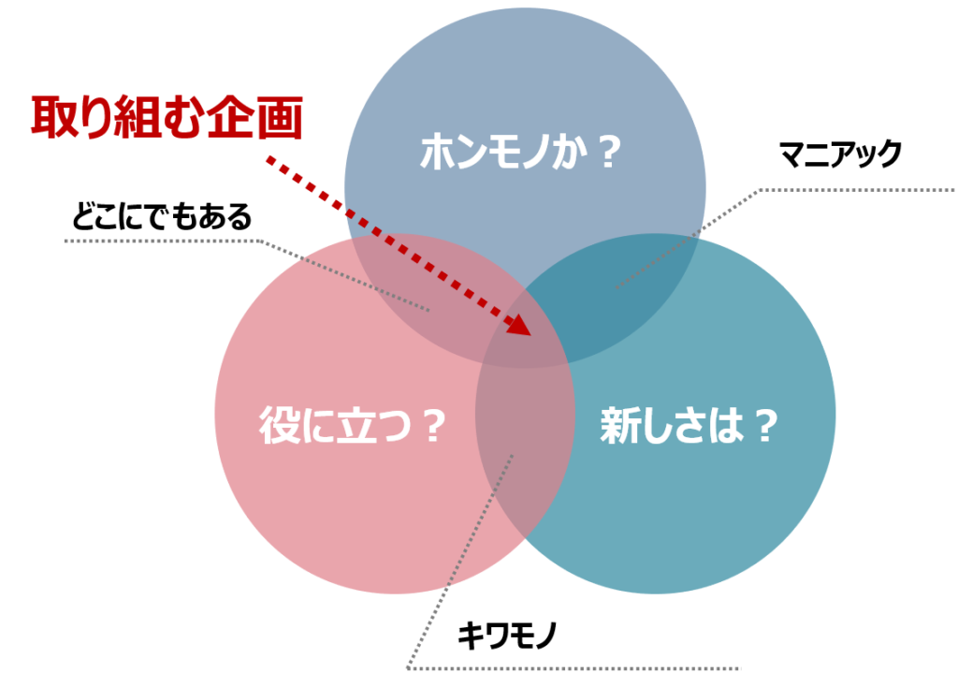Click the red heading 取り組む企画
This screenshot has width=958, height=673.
[167, 117]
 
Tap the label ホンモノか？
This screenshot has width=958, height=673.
[520, 152]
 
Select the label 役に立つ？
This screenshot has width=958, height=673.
[353, 425]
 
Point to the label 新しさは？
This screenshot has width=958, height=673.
[689, 425]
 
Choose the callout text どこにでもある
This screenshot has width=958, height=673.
[162, 216]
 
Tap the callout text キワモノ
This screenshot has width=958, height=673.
[507, 636]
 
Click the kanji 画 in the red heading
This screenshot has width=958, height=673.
[280, 117]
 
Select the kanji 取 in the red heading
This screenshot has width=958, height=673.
[53, 117]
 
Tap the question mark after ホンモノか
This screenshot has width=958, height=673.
[608, 153]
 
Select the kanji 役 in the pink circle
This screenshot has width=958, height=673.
[279, 425]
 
